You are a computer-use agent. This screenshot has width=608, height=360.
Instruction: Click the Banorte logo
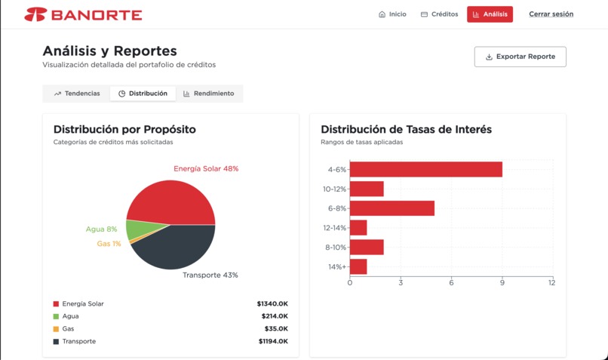[83, 14]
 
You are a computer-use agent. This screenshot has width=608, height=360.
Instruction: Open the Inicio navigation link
[392, 14]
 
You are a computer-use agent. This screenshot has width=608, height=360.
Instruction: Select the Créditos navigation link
[439, 14]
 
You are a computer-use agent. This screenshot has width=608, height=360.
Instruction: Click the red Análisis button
[490, 14]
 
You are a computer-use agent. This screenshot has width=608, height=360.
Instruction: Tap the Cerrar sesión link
[551, 14]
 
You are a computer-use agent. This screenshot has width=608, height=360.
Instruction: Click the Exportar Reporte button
[520, 57]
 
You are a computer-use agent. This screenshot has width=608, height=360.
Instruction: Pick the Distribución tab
[143, 94]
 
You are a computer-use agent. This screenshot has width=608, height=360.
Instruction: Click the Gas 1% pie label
[109, 244]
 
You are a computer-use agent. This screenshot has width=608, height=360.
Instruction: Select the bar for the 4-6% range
[426, 169]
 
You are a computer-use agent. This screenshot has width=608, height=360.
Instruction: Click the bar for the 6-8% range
[392, 208]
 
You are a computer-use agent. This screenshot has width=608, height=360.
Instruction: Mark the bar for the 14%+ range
[358, 266]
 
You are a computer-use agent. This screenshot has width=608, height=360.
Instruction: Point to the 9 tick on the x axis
[502, 283]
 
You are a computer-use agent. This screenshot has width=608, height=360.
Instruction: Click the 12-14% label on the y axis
[334, 228]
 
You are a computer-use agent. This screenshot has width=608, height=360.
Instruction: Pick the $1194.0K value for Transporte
[272, 342]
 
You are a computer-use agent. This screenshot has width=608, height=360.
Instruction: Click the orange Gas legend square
[56, 329]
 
